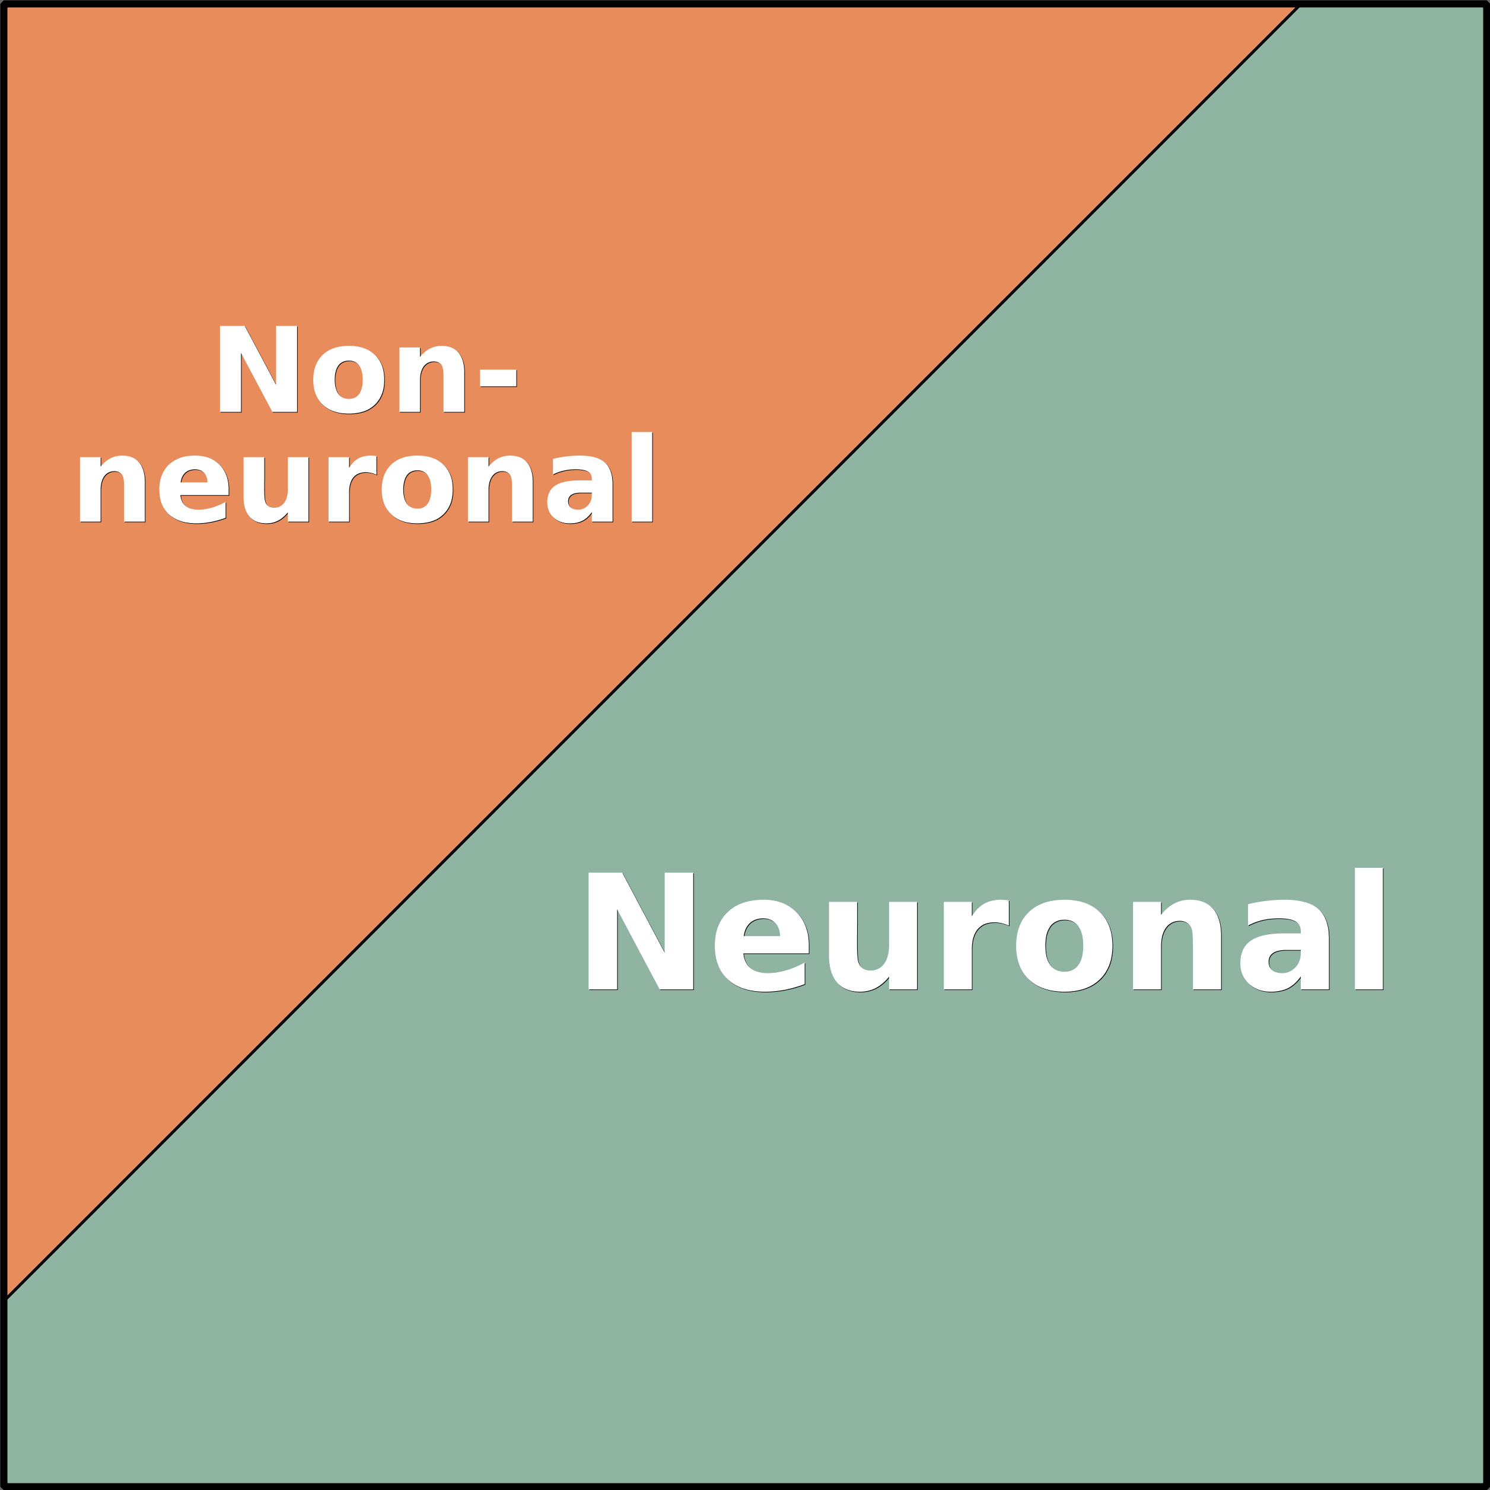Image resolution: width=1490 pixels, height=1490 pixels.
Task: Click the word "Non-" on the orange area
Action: coord(367,370)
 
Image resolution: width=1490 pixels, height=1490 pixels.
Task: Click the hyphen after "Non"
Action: coord(498,378)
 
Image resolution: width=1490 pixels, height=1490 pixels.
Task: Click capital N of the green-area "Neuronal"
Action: coord(640,931)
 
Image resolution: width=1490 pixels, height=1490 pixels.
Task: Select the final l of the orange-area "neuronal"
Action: coord(642,477)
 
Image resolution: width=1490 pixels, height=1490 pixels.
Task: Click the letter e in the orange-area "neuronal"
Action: coord(193,490)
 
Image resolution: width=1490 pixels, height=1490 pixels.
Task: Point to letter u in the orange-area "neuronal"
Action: coord(275,491)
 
